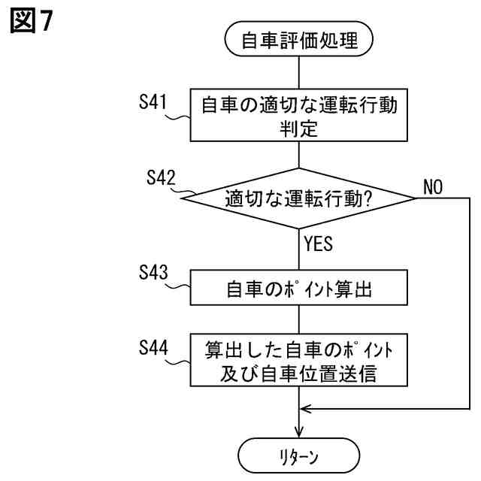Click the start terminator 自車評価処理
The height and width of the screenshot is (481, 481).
[299, 41]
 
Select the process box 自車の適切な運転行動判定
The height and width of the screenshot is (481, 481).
[299, 116]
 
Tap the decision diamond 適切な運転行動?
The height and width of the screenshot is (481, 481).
[299, 199]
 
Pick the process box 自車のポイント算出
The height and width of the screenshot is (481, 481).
[299, 288]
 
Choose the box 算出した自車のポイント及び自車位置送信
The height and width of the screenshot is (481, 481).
[299, 361]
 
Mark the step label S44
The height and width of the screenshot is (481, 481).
[152, 346]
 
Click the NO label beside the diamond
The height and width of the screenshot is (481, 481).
[434, 186]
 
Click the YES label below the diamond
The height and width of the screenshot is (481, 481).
[319, 244]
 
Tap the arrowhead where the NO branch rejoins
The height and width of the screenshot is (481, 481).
[304, 408]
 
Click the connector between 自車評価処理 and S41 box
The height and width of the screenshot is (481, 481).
[299, 73]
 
